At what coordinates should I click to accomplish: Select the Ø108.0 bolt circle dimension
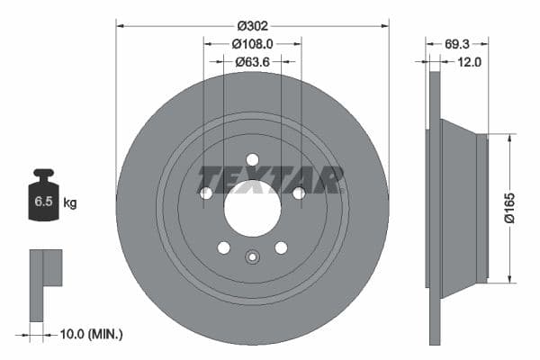252,42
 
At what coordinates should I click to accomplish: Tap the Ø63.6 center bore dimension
252,62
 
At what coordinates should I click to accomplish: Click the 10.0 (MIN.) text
90,334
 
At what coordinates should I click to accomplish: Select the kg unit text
69,203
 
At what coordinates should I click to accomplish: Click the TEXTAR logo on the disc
271,179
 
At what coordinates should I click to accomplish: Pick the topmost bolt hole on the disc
252,159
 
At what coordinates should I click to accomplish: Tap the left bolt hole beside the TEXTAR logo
206,193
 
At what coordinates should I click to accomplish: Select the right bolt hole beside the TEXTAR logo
298,193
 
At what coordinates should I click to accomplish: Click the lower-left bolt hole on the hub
224,247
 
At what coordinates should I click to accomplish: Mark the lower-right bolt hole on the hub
281,247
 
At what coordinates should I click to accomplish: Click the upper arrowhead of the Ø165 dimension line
511,138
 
